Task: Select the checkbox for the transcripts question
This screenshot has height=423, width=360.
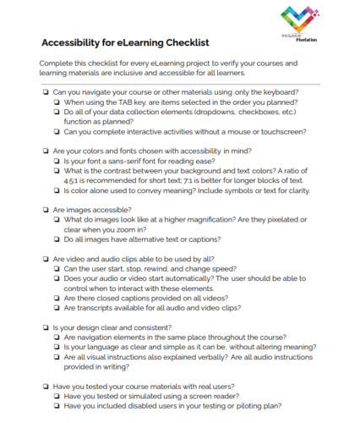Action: (x=57, y=310)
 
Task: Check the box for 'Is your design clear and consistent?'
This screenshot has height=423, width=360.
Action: (x=45, y=327)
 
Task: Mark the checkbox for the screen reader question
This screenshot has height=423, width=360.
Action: (x=57, y=393)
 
